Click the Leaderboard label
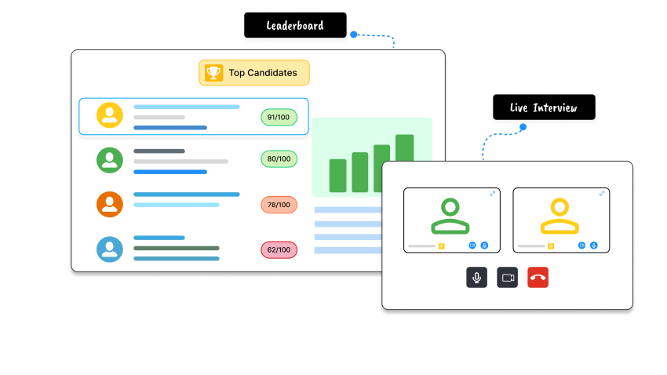point(294,26)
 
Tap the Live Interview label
point(543,107)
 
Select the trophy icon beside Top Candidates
point(213,73)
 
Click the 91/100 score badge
point(279,118)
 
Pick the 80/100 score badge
point(279,159)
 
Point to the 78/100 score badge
point(279,205)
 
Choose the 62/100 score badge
point(279,250)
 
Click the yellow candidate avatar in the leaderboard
point(110,115)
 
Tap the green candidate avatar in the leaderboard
point(110,159)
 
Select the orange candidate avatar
point(110,204)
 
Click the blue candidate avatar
point(110,249)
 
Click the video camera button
point(507,277)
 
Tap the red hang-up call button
point(538,277)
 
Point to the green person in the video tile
point(450,217)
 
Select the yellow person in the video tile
point(559,217)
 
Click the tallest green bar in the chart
point(404,163)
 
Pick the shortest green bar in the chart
point(338,175)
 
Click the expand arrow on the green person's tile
point(493,193)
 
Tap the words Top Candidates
point(263,73)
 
